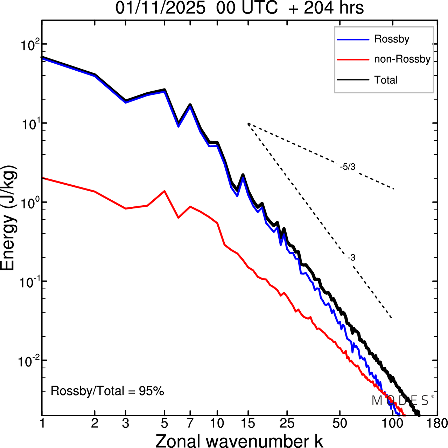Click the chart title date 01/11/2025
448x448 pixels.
[x=160, y=8]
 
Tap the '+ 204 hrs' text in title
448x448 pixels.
[x=326, y=8]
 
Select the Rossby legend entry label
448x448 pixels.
[x=392, y=39]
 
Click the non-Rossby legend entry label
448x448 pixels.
[x=402, y=59]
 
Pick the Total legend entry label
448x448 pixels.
[x=386, y=80]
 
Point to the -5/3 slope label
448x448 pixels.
[x=348, y=167]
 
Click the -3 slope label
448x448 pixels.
[x=351, y=258]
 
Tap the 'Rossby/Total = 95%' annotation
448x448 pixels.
[x=107, y=391]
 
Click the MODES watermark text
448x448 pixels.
[x=400, y=401]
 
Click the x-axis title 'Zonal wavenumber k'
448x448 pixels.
[x=239, y=441]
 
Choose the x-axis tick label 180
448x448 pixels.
[x=437, y=424]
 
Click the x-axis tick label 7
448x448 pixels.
[x=190, y=424]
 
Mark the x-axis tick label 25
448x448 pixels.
[x=287, y=424]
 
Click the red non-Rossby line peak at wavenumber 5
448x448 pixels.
[x=164, y=191]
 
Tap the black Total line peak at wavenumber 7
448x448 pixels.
[x=190, y=105]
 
